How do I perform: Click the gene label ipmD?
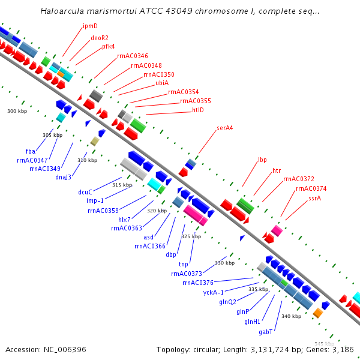[x=90, y=26]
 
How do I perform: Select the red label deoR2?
[x=100, y=38]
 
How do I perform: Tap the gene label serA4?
[x=225, y=128]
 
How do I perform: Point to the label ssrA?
[x=314, y=197]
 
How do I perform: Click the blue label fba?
[x=31, y=151]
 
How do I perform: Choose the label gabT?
[x=266, y=331]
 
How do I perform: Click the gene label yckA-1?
[x=213, y=292]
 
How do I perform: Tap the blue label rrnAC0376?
[x=198, y=283]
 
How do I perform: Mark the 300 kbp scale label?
[x=17, y=112]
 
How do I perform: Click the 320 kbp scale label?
[x=157, y=211]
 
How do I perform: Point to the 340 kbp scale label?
[x=291, y=316]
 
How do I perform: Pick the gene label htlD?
[x=198, y=110]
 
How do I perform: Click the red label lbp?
[x=262, y=160]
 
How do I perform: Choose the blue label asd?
[x=149, y=237]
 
